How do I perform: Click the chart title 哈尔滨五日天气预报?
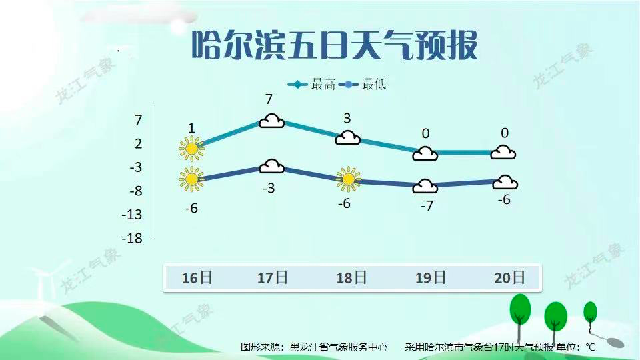(335, 45)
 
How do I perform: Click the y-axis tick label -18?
(132, 238)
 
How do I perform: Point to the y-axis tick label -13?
(132, 215)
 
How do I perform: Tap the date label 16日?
(197, 277)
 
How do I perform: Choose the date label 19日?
(429, 277)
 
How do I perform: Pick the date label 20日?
(509, 277)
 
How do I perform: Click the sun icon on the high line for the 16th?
(192, 148)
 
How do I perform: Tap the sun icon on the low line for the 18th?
(348, 178)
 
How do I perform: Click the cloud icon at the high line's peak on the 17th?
(271, 121)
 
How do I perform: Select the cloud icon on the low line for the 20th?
(505, 181)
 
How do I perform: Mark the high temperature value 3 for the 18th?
(347, 119)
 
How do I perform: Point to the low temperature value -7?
(427, 207)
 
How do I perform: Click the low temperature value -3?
(269, 189)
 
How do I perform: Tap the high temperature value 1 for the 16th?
(191, 128)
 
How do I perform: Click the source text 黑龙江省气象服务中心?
(338, 347)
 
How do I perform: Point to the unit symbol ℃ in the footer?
(590, 347)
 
